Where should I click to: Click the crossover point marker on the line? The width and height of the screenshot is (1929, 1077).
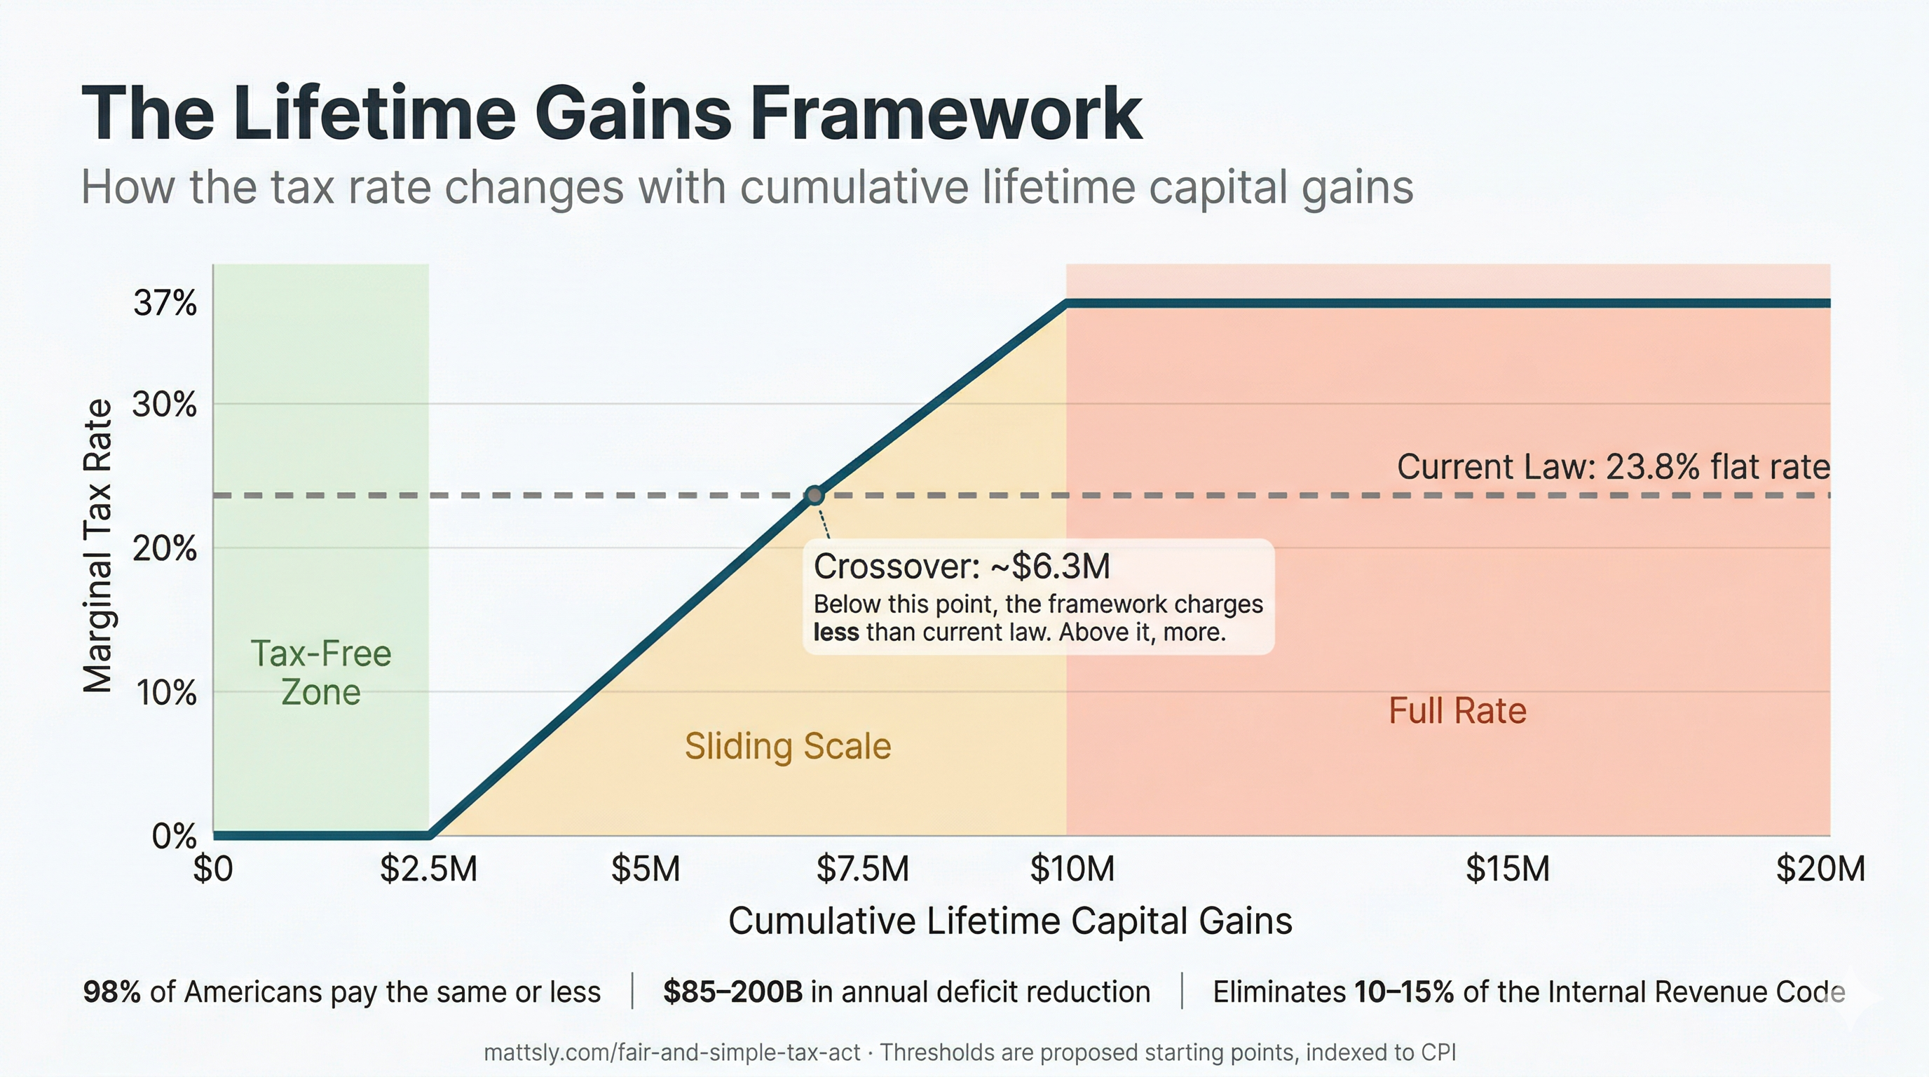(x=814, y=495)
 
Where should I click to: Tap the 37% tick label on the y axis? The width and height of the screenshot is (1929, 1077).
(x=165, y=304)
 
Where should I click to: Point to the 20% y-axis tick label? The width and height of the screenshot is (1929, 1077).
(x=165, y=549)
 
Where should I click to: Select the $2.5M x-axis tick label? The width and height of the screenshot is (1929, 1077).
(x=428, y=869)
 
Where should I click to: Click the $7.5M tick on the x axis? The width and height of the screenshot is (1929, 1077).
(x=863, y=869)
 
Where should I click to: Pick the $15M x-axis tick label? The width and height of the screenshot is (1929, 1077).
(x=1508, y=869)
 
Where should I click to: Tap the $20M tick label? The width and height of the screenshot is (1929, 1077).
(x=1820, y=869)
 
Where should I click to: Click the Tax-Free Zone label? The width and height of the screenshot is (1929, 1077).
(x=320, y=672)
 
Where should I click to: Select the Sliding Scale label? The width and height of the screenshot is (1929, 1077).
(x=788, y=747)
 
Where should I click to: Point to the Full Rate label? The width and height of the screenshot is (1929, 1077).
(x=1457, y=711)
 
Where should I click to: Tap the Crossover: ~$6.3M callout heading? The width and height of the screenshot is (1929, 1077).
(x=962, y=567)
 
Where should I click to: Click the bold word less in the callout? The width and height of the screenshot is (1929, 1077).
(x=836, y=633)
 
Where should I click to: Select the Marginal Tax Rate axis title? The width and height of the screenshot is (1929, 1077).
(x=97, y=547)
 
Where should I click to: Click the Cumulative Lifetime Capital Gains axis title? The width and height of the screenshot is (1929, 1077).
(x=1010, y=921)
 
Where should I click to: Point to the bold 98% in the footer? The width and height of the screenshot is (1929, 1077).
(x=111, y=992)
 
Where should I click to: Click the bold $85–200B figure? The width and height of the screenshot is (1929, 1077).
(x=732, y=992)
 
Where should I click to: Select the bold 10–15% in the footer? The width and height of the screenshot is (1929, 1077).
(x=1404, y=992)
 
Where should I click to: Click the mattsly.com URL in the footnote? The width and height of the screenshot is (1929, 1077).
(x=672, y=1053)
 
